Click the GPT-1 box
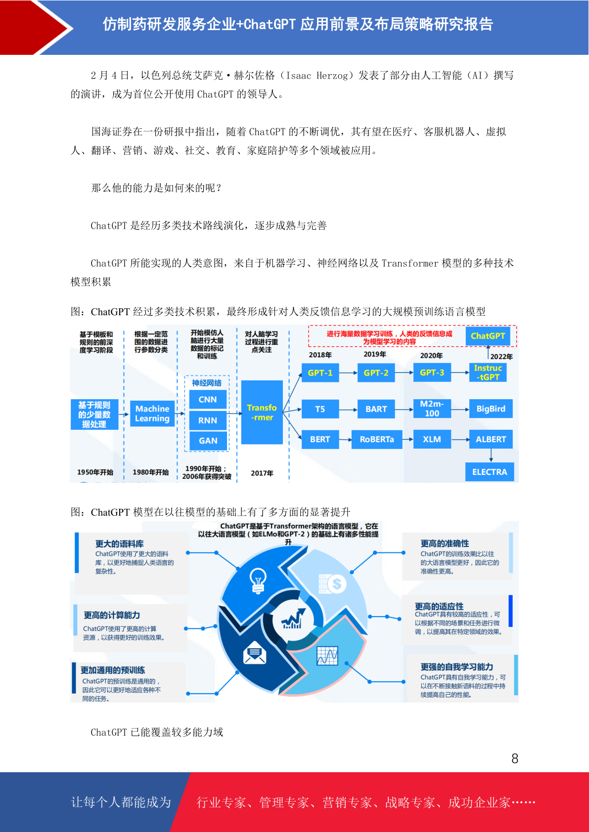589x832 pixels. point(320,373)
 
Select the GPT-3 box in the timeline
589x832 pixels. point(432,373)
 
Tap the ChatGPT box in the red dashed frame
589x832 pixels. point(488,336)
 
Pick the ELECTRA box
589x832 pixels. point(489,472)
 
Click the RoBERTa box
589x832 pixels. point(377,439)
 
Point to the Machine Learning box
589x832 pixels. point(152,414)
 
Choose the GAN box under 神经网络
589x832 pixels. point(208,441)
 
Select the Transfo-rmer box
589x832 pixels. point(262,412)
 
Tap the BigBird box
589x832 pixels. point(491,409)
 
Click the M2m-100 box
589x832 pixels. point(432,409)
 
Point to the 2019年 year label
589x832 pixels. point(375,354)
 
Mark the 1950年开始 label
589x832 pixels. point(95,472)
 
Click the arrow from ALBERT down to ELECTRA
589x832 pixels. point(491,456)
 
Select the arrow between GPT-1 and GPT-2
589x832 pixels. point(348,373)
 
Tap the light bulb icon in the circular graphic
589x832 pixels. point(257,580)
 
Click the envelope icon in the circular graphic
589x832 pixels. point(254,653)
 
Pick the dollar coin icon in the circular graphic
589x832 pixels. point(333,584)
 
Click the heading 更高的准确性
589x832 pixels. point(445,543)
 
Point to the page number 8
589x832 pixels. point(515,758)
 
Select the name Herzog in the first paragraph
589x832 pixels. point(332,76)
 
